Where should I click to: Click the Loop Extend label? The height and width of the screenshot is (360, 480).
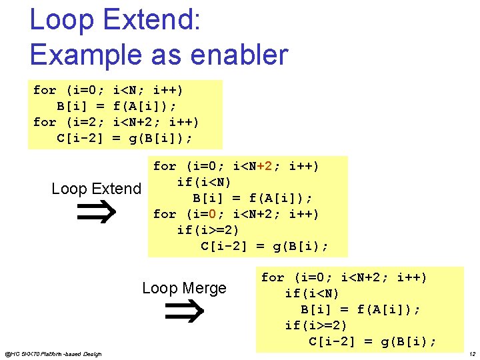[x=96, y=189]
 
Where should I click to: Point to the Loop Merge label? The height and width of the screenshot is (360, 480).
[x=184, y=288]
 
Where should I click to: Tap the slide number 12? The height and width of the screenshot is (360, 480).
[x=471, y=353]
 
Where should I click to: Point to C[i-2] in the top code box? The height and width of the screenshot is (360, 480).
[x=79, y=138]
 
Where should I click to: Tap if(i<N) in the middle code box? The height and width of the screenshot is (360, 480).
[x=204, y=182]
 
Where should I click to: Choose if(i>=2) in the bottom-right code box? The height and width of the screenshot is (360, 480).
[x=315, y=326]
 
